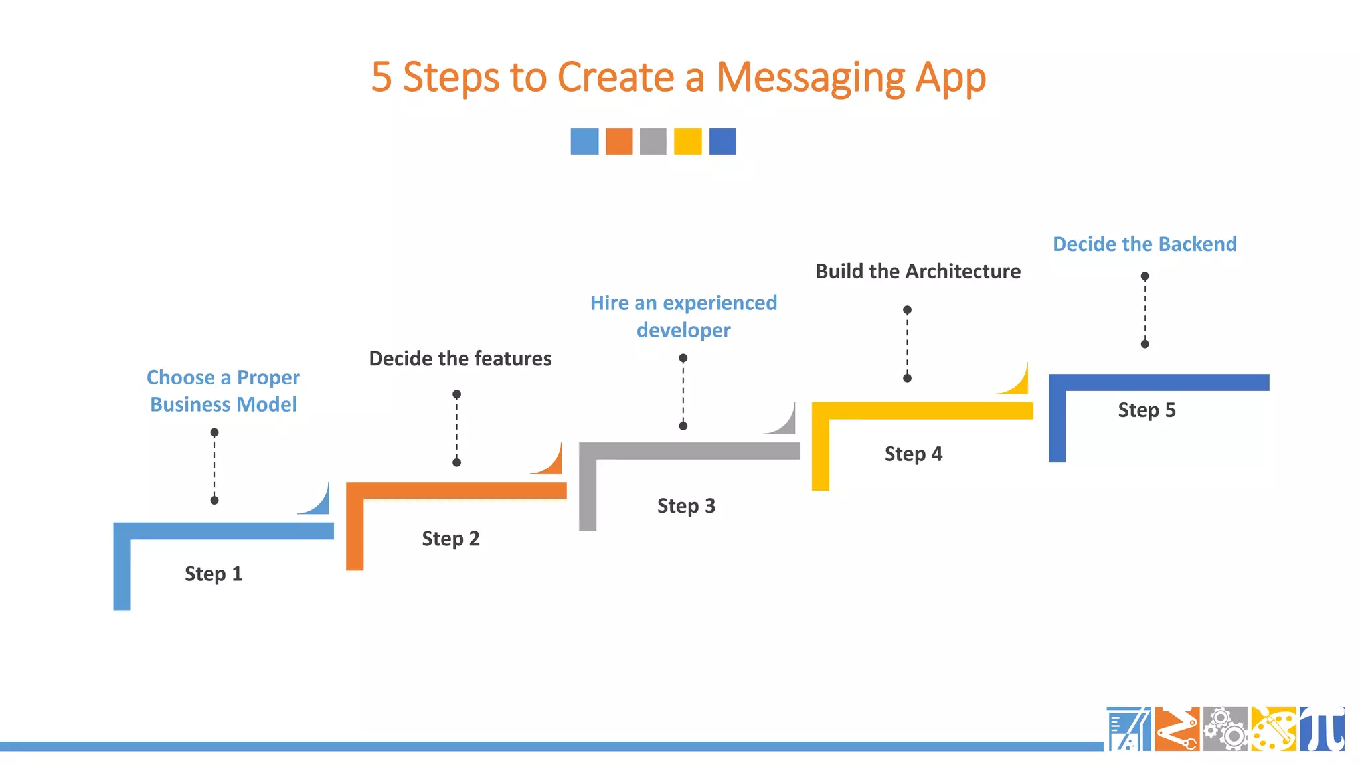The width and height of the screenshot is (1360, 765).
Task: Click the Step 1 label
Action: click(213, 574)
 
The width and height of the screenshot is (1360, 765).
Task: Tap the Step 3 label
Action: click(686, 506)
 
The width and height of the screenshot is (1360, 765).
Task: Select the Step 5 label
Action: click(1146, 410)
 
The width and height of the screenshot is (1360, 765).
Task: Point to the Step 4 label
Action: click(913, 454)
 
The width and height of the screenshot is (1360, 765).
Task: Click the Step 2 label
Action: click(450, 539)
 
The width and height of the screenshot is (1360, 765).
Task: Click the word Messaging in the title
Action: click(810, 78)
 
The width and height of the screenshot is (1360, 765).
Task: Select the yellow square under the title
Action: click(687, 141)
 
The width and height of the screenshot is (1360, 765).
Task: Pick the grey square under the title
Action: click(653, 141)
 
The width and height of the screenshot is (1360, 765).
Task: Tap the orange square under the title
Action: click(619, 141)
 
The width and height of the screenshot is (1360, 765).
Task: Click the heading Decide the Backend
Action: click(1144, 244)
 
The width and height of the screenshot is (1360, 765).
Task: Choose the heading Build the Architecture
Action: click(918, 272)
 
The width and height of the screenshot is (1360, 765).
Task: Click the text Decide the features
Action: click(460, 359)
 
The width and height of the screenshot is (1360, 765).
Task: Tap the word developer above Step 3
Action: click(683, 331)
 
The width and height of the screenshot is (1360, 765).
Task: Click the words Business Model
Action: click(223, 404)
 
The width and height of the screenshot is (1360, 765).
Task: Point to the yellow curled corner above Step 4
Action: click(1017, 382)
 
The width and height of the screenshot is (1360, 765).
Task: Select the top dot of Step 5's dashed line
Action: click(1145, 276)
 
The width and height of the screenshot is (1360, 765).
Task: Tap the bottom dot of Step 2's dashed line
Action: click(456, 462)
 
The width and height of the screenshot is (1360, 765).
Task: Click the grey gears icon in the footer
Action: click(1225, 729)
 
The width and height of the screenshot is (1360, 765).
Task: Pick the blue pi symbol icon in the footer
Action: click(1322, 729)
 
